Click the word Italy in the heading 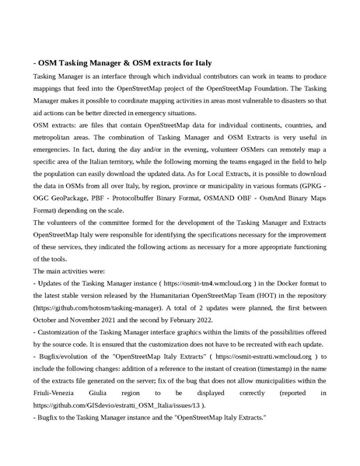pyautogui.click(x=197, y=62)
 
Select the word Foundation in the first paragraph pyautogui.click(x=278, y=89)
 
